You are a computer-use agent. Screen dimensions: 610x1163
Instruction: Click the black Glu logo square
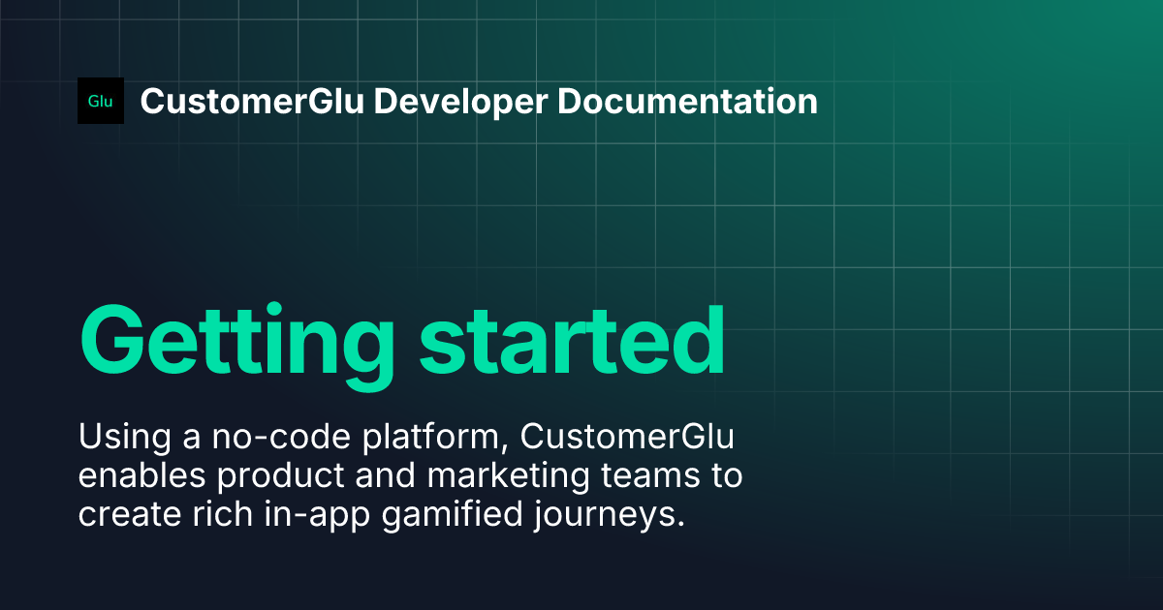coord(101,101)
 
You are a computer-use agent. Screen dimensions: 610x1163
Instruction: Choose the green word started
coord(572,341)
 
